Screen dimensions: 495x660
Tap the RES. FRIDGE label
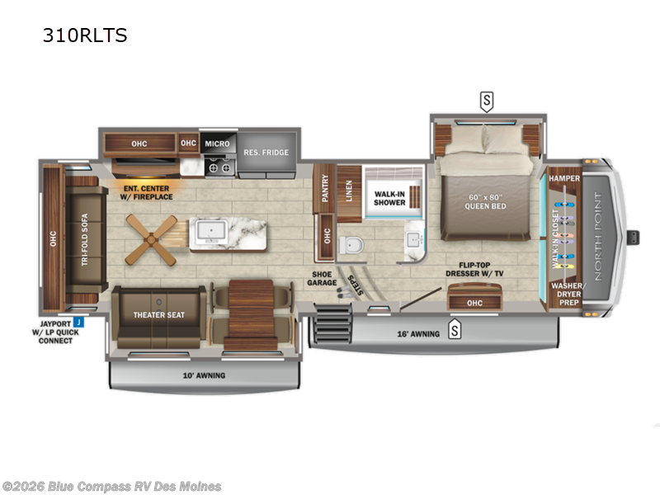[265, 153]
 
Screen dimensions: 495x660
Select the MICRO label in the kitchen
[218, 144]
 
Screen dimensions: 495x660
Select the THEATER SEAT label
[158, 314]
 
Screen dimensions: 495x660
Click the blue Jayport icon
[78, 321]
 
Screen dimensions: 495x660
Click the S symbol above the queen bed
[487, 101]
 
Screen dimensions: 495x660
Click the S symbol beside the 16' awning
[454, 332]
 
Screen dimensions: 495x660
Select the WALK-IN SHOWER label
[389, 198]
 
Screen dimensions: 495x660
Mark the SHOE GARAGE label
[323, 280]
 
